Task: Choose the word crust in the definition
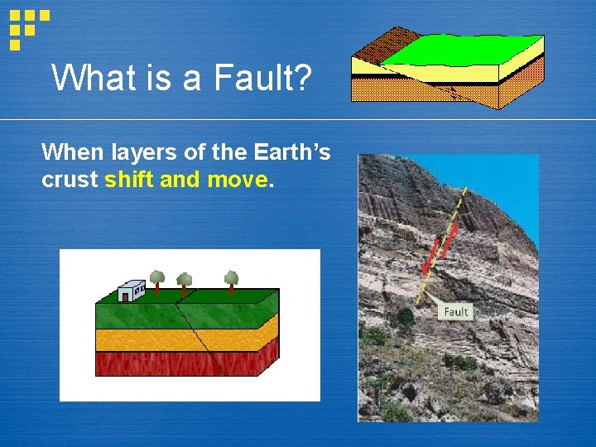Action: pos(70,180)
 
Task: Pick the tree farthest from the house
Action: pos(232,280)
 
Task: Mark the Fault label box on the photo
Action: pos(456,311)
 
